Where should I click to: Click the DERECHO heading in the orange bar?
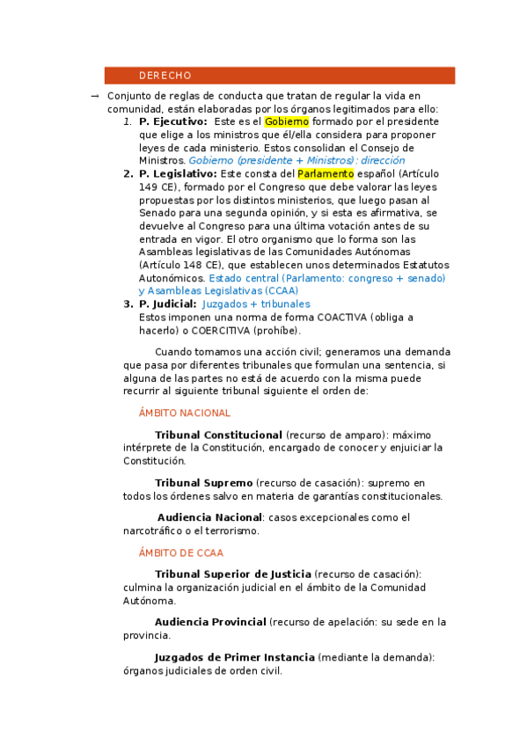pyautogui.click(x=165, y=76)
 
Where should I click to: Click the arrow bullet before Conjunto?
pyautogui.click(x=93, y=96)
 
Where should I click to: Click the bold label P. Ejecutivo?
pyautogui.click(x=173, y=121)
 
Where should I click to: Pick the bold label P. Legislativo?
pyautogui.click(x=178, y=174)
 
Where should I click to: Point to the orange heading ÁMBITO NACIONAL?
pyautogui.click(x=185, y=413)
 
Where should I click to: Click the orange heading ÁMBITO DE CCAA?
pyautogui.click(x=181, y=553)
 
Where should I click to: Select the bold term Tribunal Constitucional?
pyautogui.click(x=218, y=435)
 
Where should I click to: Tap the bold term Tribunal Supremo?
pyautogui.click(x=203, y=483)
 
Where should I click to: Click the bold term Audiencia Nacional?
pyautogui.click(x=209, y=517)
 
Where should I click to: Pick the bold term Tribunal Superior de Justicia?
pyautogui.click(x=232, y=574)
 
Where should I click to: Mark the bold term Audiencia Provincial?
pyautogui.click(x=210, y=622)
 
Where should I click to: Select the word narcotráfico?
pyautogui.click(x=153, y=530)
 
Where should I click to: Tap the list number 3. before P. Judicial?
pyautogui.click(x=128, y=304)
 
